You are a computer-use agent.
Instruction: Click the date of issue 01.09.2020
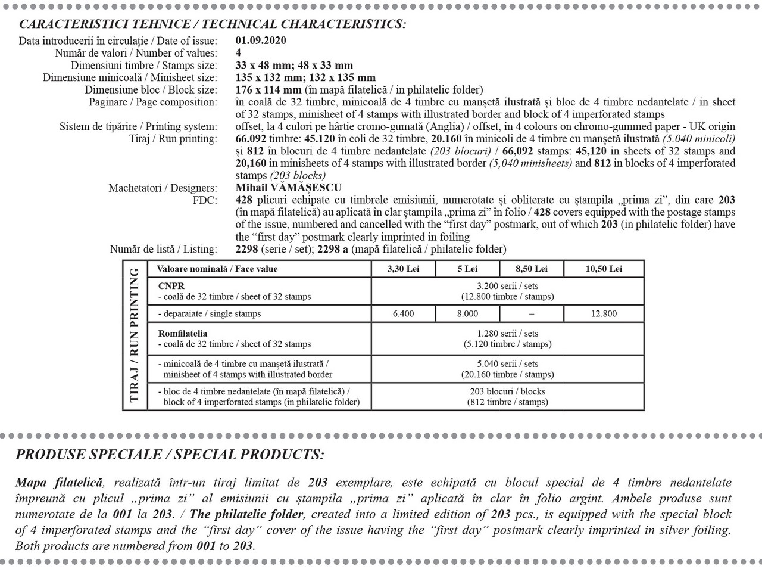coord(261,41)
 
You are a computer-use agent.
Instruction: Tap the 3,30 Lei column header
coord(403,269)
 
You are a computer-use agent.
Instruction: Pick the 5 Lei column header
coord(467,269)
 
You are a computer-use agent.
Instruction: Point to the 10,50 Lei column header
coord(604,269)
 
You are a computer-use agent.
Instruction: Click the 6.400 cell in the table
coord(403,313)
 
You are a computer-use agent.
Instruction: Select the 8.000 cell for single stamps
coord(467,313)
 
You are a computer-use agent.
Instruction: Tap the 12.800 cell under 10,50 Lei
coord(604,313)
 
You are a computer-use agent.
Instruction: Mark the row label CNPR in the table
coord(171,286)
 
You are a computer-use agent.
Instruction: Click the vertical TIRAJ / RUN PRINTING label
coord(135,335)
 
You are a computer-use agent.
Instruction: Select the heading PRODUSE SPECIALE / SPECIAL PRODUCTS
coord(170,455)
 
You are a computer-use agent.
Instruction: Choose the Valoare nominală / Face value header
coord(217,269)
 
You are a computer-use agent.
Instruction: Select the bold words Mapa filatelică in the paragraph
coord(60,483)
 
